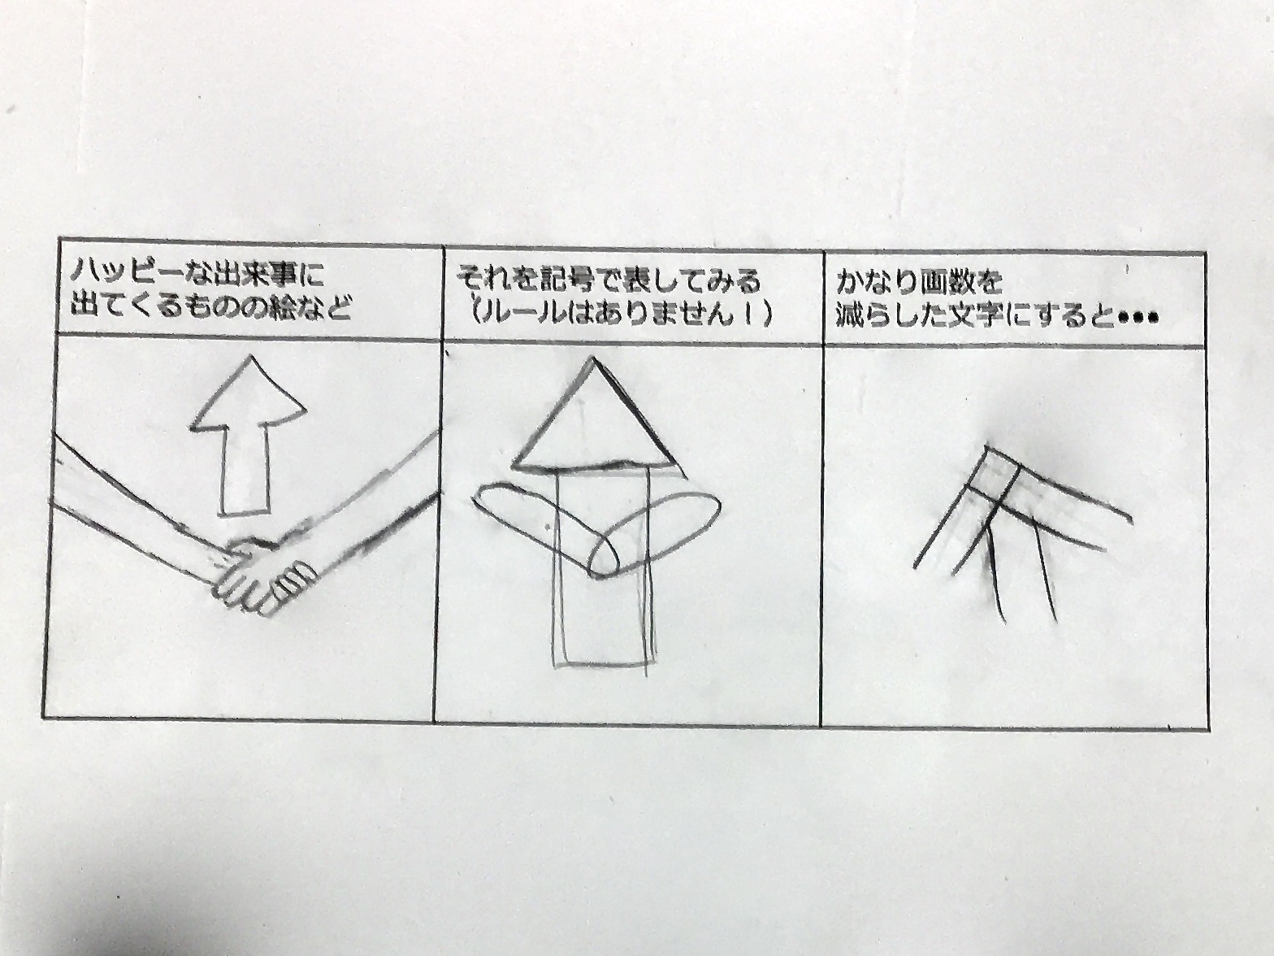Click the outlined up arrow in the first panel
pos(248,436)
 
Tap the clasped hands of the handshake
pos(267,575)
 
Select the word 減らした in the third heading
pos(904,316)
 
